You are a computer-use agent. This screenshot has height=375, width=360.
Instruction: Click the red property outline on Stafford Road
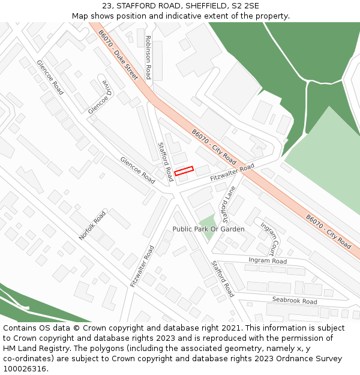[184, 171]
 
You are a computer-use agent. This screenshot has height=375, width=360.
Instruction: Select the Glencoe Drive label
[100, 97]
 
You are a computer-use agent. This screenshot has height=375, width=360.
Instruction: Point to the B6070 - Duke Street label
[118, 55]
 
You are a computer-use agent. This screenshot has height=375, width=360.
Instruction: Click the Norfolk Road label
[92, 226]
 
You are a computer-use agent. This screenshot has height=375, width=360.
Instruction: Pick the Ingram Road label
[267, 260]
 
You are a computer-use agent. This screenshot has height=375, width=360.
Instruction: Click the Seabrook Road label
[294, 301]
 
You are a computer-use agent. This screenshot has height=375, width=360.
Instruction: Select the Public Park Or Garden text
[208, 229]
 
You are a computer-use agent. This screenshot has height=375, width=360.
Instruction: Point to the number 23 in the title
[107, 5]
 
